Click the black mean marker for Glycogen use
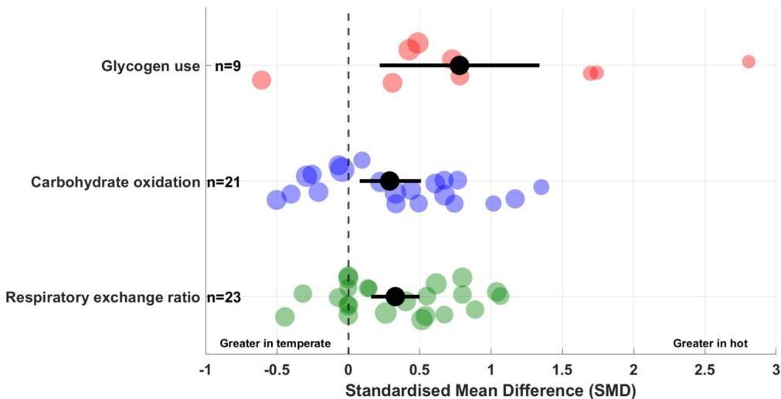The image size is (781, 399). (460, 66)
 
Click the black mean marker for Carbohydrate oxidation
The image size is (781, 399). (389, 181)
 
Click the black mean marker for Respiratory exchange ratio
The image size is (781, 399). (395, 296)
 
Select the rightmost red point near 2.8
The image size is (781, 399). (748, 62)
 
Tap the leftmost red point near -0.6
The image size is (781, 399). (262, 80)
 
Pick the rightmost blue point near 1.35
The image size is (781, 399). (541, 187)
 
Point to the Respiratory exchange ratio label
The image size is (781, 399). (104, 297)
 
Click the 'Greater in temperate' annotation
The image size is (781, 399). (275, 343)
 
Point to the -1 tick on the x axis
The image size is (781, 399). (205, 370)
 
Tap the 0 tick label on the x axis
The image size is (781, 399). (348, 370)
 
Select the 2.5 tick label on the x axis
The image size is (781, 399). (705, 370)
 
